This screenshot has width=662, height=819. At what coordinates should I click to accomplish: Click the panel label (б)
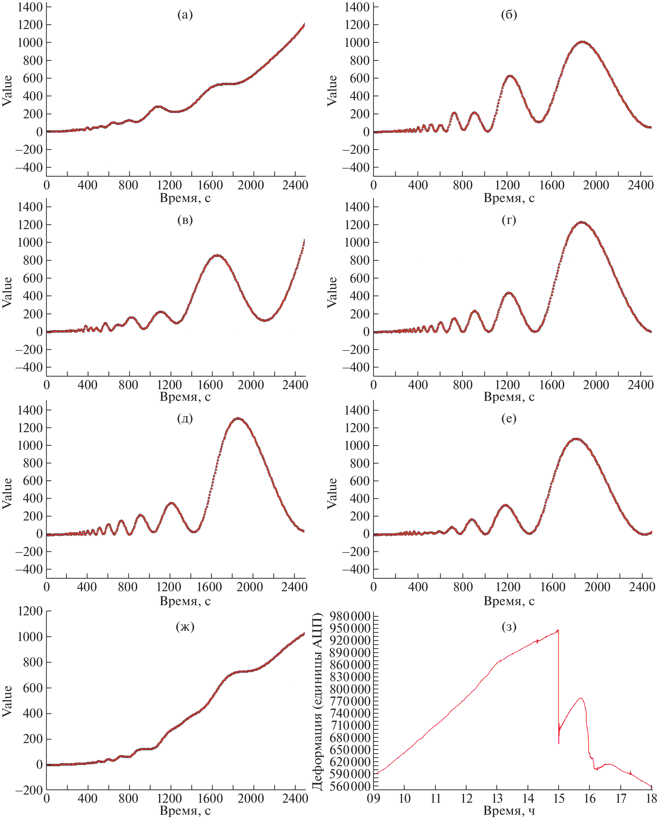coord(509,15)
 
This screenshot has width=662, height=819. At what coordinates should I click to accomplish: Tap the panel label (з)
coord(509,626)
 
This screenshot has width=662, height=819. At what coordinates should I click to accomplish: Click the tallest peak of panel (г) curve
coord(582,222)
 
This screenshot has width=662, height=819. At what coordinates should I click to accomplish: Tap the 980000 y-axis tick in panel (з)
coord(350,617)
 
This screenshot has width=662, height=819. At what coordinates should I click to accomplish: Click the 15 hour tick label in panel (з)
coord(559,798)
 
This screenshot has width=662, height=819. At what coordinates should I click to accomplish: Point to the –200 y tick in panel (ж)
coord(29,790)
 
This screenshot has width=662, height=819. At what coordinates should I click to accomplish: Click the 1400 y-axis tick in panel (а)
coord(30,7)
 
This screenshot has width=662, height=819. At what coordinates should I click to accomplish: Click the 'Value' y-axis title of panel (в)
coord(7,292)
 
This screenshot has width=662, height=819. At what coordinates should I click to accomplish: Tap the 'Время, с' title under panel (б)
coord(509,198)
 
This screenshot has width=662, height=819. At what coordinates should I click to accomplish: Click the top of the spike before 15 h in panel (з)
coord(558,630)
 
